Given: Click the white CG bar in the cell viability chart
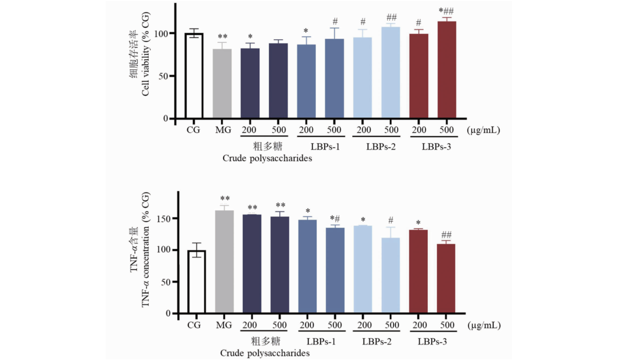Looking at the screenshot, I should click(194, 75).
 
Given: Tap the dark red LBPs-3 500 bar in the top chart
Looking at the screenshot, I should click(447, 70).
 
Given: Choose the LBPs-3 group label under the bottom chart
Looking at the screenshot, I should click(432, 341).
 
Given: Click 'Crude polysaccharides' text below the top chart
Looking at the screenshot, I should click(268, 158).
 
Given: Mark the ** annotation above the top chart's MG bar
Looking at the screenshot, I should click(223, 37).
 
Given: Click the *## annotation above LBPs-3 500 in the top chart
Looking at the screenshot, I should click(447, 11).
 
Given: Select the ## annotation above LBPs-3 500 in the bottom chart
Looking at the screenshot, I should click(447, 234).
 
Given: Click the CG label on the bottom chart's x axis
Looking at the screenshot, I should click(194, 325).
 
